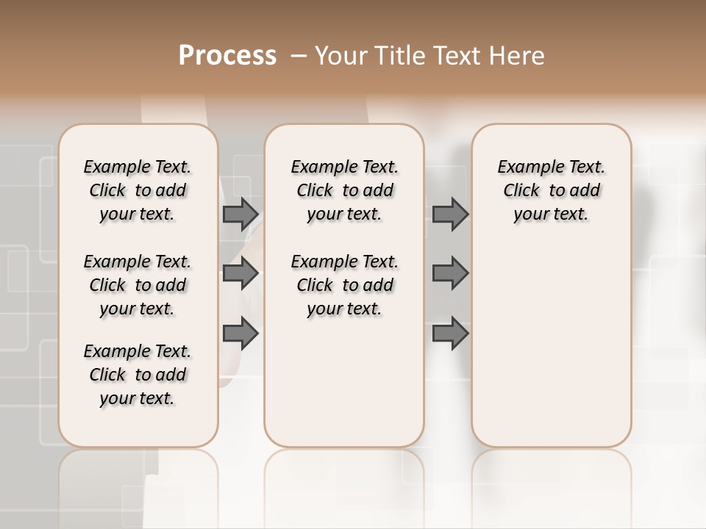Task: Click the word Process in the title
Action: (227, 56)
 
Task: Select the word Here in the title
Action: (517, 56)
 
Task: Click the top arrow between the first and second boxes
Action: (240, 215)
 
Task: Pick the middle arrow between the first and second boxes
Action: (240, 274)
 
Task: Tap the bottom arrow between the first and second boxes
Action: (240, 334)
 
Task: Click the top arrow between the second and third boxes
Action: (450, 215)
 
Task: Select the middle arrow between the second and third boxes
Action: (450, 274)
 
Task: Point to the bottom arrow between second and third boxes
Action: (450, 334)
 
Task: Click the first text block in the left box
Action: (138, 190)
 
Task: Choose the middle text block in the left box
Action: (138, 285)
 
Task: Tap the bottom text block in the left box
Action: (138, 375)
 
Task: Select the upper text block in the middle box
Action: (344, 190)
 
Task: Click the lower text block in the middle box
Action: (344, 285)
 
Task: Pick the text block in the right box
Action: (551, 190)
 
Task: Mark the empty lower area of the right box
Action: (551, 345)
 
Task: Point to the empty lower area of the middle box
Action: (344, 382)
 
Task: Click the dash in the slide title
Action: (299, 56)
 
